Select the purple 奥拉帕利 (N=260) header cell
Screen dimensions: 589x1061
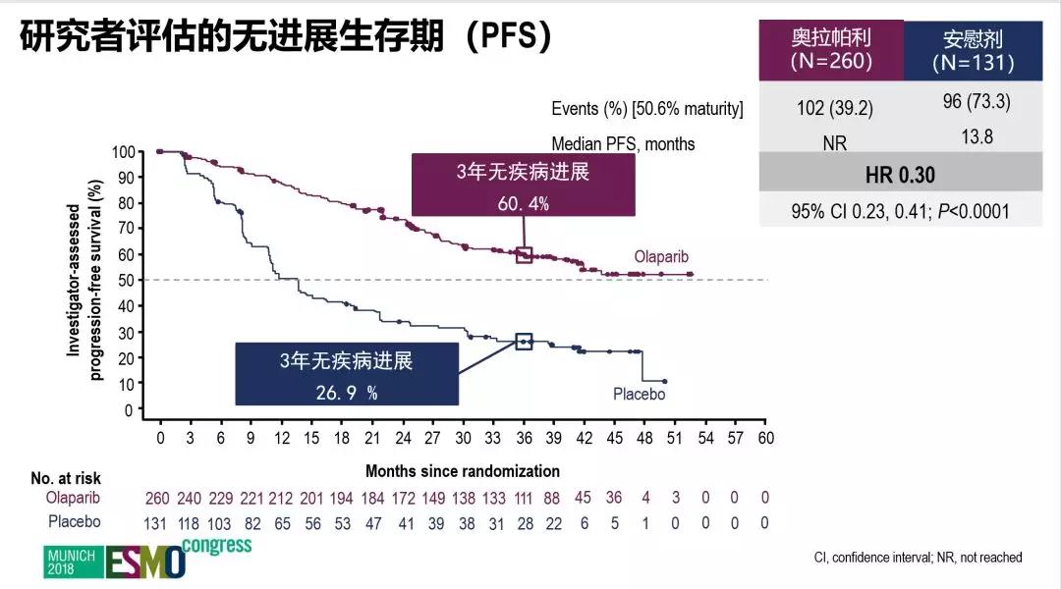[x=831, y=49]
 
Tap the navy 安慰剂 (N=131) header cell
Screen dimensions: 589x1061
[x=973, y=50]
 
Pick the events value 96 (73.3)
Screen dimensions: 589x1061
[x=977, y=102]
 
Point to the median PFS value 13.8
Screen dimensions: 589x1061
[x=977, y=137]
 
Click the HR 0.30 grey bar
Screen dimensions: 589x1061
[x=900, y=176]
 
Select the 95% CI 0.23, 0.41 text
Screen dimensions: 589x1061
[x=900, y=211]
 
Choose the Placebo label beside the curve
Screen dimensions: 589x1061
[x=639, y=394]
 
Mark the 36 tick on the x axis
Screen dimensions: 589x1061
[x=524, y=437]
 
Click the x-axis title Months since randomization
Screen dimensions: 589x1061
[x=462, y=471]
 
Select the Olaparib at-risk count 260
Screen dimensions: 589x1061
[x=159, y=499]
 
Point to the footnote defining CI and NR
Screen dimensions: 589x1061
[x=918, y=558]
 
